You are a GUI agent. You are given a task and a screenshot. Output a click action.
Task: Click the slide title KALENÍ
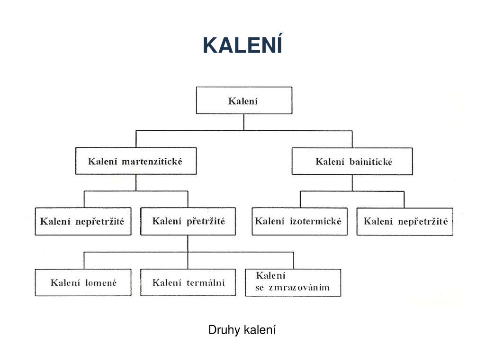[x=242, y=45]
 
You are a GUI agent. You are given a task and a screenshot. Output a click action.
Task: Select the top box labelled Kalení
[x=244, y=100]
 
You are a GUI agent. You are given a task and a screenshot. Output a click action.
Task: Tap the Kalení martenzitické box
[x=135, y=161]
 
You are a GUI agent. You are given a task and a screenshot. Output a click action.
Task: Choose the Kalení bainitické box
[x=351, y=162]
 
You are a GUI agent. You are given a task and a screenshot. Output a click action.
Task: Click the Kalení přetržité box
[x=188, y=221]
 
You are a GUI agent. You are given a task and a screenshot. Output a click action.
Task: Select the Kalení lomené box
[x=83, y=283]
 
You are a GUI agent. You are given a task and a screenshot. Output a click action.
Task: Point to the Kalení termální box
[x=188, y=283]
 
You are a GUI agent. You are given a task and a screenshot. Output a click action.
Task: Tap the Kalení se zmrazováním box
[x=293, y=282]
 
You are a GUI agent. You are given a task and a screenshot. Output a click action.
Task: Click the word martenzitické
[x=152, y=161]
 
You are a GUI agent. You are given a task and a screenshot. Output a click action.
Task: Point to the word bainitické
[x=371, y=162]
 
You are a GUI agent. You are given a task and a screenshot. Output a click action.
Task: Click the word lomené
[x=101, y=283]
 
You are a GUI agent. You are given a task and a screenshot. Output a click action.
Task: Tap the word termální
[x=205, y=283]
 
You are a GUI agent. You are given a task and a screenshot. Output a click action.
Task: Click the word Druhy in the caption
[x=225, y=329]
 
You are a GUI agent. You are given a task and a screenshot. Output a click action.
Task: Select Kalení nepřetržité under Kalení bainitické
[x=405, y=221]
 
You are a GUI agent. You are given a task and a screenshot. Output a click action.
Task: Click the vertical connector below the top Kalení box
[x=244, y=122]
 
